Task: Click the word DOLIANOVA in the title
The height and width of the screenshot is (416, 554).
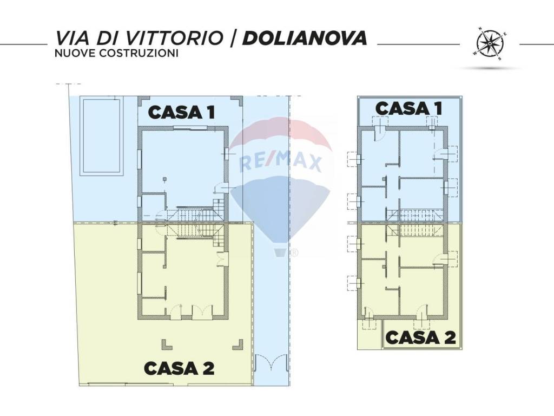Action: pos(305,38)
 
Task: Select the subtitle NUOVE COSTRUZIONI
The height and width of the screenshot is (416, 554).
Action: pos(116,54)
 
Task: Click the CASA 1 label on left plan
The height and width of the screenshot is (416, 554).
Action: pos(182,112)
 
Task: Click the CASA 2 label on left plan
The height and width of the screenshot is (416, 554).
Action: pos(179,368)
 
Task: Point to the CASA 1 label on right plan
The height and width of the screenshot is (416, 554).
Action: pos(408,108)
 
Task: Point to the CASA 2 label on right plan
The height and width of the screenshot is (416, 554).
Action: pos(420,337)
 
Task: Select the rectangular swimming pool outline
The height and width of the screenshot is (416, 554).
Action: pos(101,136)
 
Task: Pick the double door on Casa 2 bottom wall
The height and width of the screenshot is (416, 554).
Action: pos(202,312)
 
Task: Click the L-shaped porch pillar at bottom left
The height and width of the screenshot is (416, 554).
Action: pos(164,344)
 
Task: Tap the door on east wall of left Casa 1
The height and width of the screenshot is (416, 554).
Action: pos(222,188)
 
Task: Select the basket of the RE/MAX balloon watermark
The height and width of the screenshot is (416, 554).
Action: pos(280,252)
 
